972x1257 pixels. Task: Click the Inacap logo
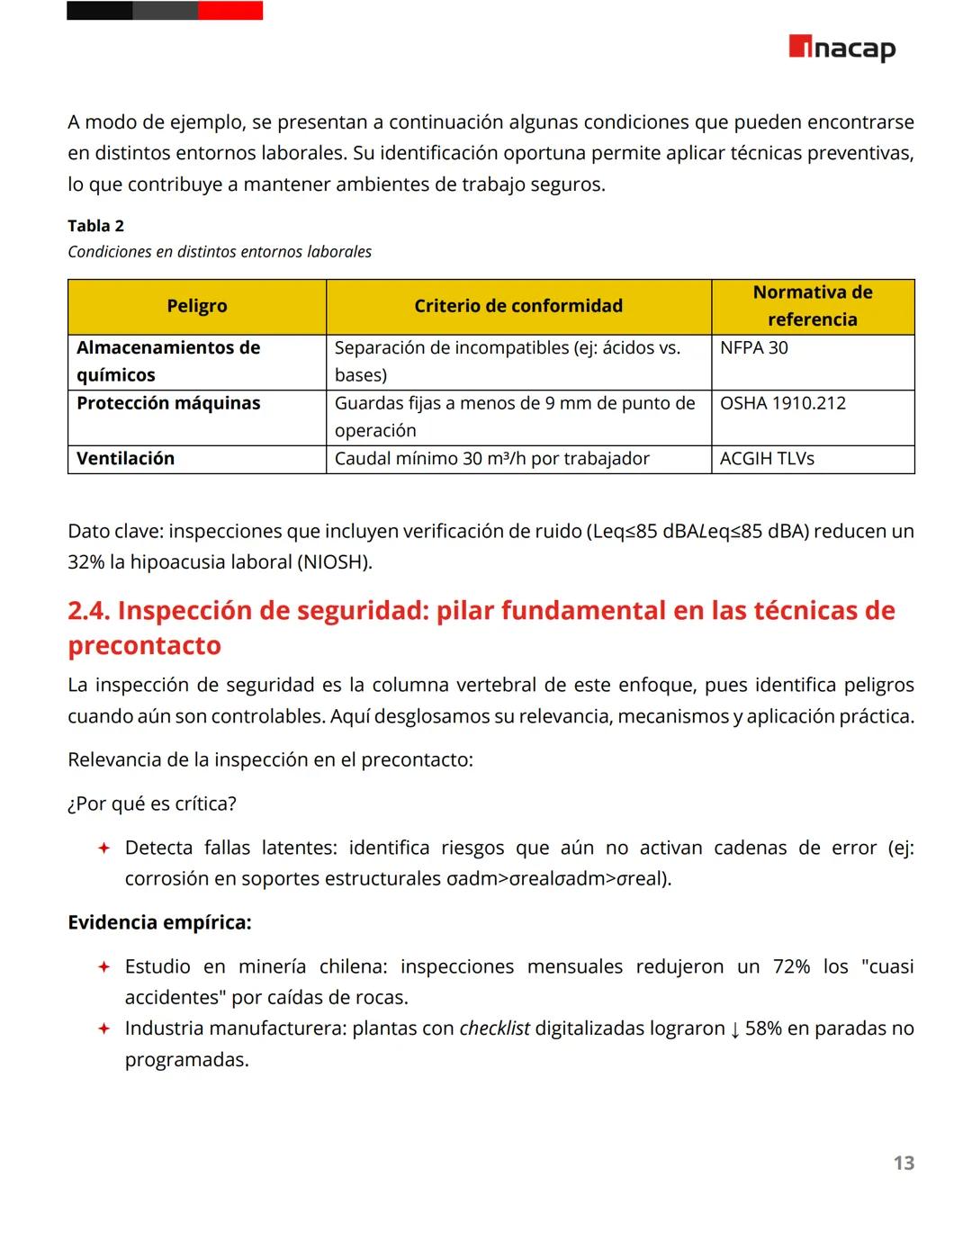(841, 48)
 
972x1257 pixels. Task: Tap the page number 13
(904, 1163)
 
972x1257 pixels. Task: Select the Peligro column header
(196, 306)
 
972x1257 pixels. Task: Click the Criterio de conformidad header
(517, 306)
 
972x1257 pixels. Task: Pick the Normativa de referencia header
(812, 306)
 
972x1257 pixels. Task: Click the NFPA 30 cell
(753, 347)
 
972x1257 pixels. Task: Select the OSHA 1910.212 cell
(782, 403)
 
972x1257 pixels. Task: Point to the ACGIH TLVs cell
(767, 459)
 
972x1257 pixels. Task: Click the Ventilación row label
(125, 459)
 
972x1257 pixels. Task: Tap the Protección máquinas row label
(168, 403)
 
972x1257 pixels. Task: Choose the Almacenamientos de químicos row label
(168, 361)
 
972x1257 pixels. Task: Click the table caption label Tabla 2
(95, 226)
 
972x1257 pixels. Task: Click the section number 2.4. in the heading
(89, 611)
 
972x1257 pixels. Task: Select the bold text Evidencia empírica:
(159, 922)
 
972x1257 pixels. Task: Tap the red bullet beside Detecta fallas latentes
(103, 848)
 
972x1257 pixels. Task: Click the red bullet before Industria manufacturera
(103, 1028)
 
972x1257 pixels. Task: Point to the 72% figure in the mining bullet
(791, 966)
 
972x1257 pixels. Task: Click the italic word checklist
(494, 1028)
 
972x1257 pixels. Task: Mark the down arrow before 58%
(734, 1029)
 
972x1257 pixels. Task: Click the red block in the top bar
(229, 11)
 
